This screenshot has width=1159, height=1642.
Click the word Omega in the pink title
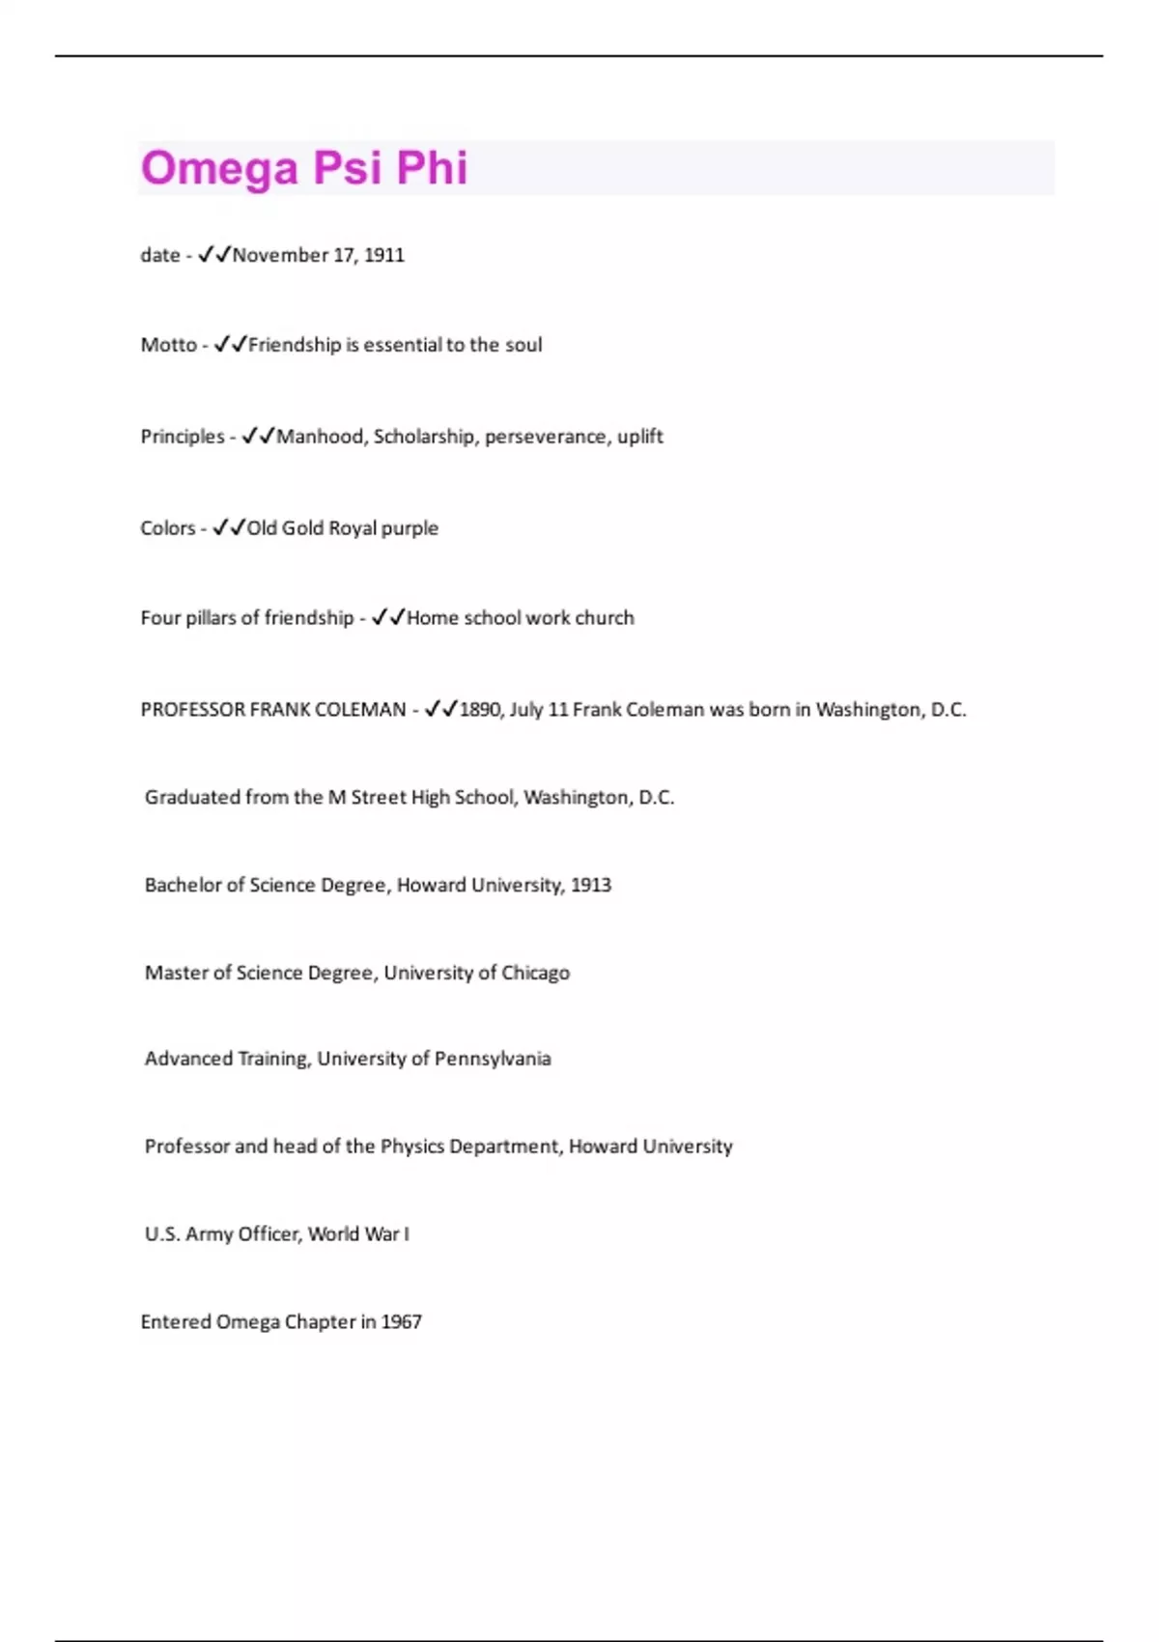(x=219, y=168)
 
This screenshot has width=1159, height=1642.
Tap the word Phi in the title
(x=432, y=168)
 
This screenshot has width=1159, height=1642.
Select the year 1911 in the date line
(x=384, y=255)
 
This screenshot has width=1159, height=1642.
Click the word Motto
(x=168, y=345)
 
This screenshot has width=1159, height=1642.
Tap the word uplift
(x=640, y=437)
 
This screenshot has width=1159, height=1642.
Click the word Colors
(x=167, y=528)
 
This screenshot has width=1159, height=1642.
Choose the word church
(x=605, y=618)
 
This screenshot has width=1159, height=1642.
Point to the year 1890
(x=480, y=710)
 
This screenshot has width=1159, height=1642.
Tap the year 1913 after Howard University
(x=591, y=886)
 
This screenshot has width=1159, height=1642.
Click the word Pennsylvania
(x=493, y=1059)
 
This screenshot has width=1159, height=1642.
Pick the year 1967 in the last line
(x=402, y=1322)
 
